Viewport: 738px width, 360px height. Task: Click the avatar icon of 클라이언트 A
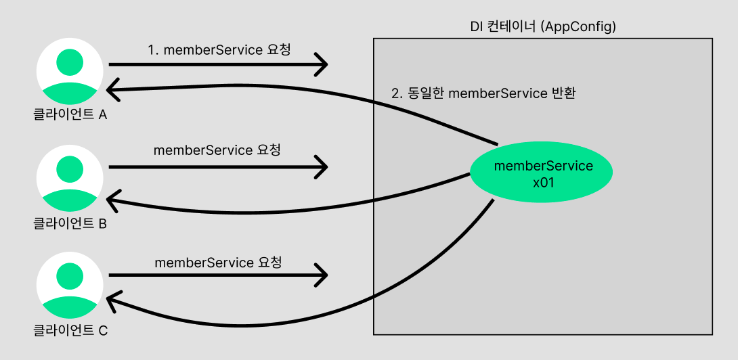click(69, 70)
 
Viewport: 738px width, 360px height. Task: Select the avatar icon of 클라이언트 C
click(69, 286)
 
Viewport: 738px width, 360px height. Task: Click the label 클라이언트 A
click(70, 115)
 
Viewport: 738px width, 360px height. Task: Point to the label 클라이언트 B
click(70, 223)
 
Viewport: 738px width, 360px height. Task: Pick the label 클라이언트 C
click(70, 331)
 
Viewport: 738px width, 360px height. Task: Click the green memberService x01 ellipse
click(541, 173)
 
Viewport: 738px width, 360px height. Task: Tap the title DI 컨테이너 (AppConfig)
click(542, 26)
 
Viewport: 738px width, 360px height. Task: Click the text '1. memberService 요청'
click(219, 50)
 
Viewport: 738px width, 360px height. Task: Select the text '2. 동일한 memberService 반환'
click(483, 93)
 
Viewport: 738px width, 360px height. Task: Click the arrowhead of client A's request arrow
click(323, 65)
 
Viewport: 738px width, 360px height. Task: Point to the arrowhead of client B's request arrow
click(323, 166)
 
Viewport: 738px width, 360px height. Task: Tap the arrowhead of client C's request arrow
click(323, 275)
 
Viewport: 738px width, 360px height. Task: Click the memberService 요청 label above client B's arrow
click(217, 150)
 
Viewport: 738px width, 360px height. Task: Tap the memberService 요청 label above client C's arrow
click(218, 262)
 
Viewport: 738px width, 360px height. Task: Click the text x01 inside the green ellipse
click(544, 181)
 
